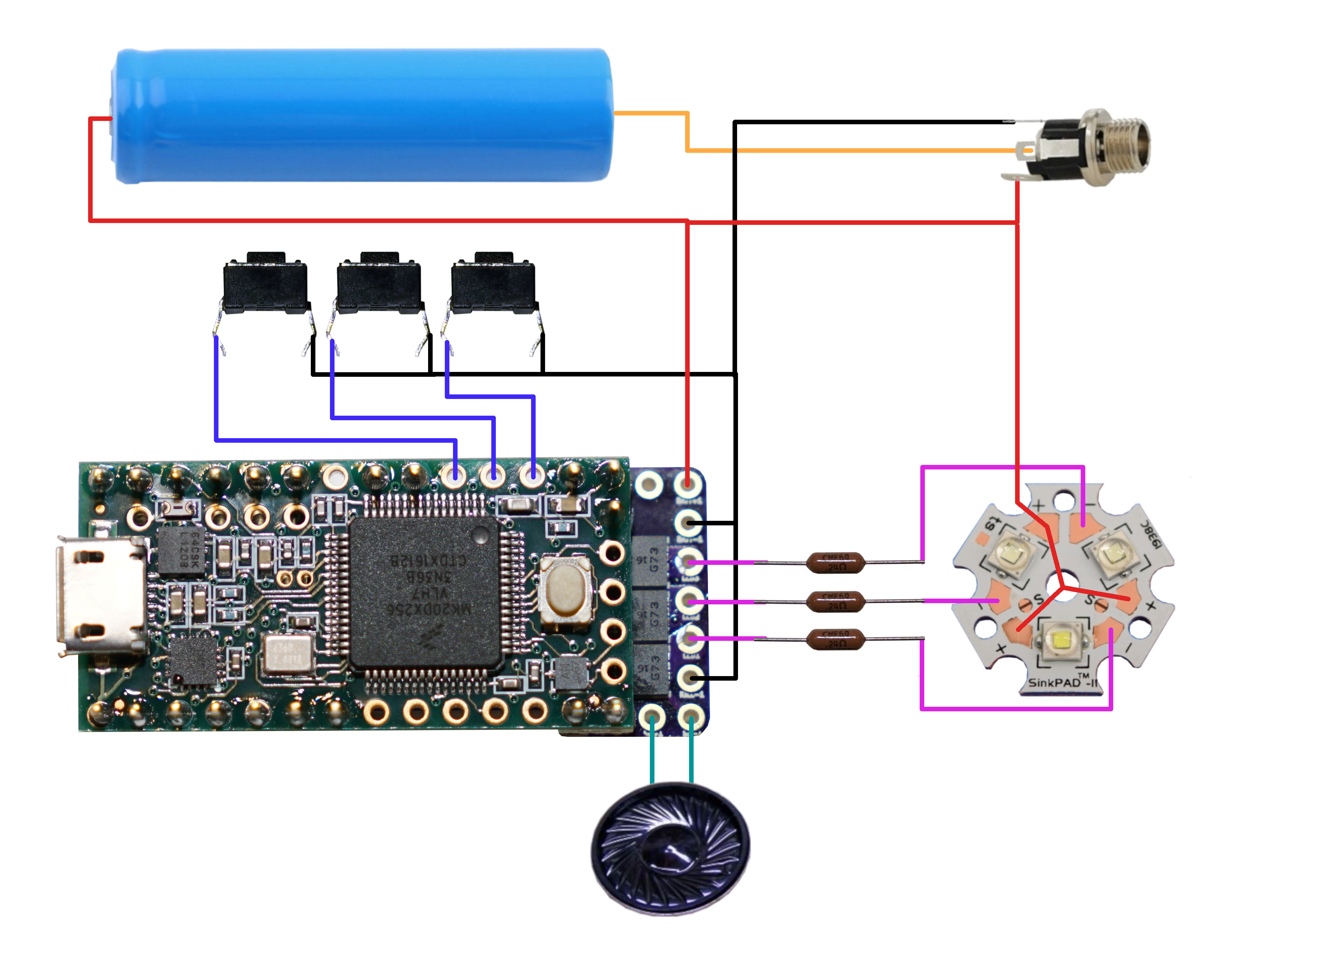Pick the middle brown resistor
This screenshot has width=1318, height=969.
pos(835,601)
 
